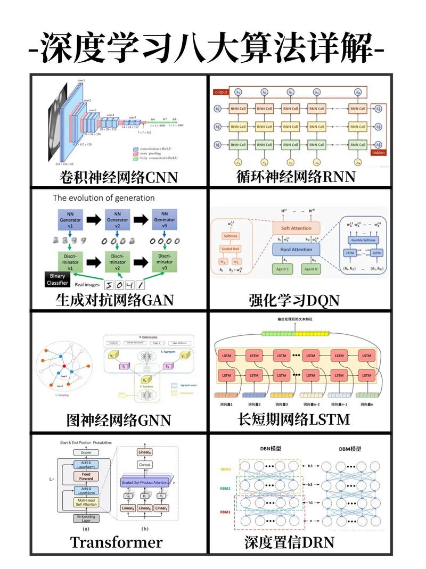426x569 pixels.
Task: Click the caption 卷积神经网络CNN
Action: (x=118, y=177)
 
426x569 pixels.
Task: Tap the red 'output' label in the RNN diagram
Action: (x=220, y=92)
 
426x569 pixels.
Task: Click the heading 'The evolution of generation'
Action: (x=104, y=198)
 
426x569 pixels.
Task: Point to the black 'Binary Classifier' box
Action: (x=57, y=280)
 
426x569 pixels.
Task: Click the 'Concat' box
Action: (x=145, y=465)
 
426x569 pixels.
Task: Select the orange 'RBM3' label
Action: (x=225, y=469)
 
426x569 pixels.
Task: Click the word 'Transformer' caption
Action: (x=116, y=542)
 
